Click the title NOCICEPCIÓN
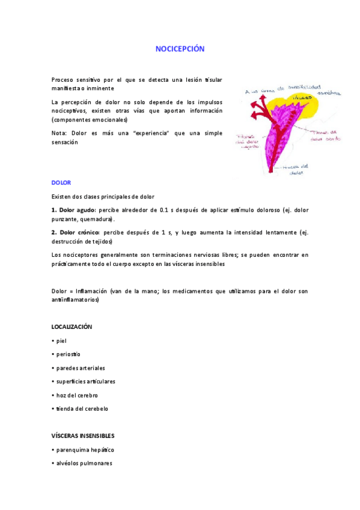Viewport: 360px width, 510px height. point(180,49)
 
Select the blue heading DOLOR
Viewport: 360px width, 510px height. point(61,182)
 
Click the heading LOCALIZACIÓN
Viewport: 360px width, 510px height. point(72,326)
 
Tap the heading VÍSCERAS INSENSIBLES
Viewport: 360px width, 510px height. point(83,435)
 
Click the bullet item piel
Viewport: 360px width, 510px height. point(61,340)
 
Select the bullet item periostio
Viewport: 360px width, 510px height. point(67,354)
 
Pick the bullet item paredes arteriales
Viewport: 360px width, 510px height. point(79,367)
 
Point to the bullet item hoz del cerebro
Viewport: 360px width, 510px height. point(76,395)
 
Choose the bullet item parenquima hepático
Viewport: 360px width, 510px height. point(84,450)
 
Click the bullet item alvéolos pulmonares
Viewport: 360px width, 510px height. point(84,463)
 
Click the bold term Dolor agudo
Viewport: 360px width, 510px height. point(76,210)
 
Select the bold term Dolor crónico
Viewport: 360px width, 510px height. point(77,232)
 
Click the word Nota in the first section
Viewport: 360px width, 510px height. point(58,133)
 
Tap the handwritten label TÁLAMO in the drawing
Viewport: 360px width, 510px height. point(302,96)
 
